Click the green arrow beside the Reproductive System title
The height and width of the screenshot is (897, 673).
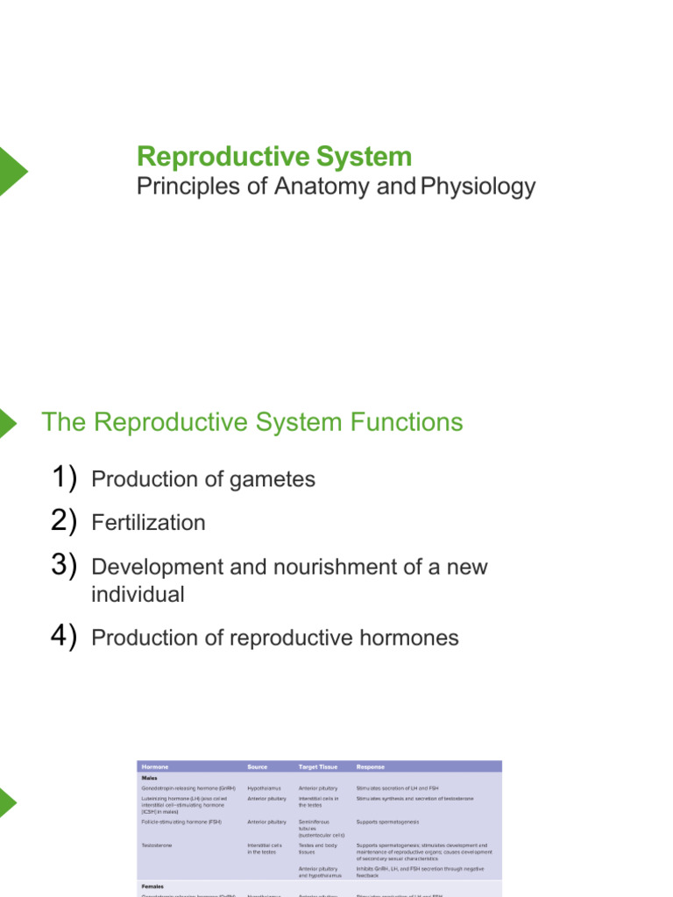point(12,171)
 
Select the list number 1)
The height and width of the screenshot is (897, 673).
point(64,478)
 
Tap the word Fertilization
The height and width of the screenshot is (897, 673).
point(148,523)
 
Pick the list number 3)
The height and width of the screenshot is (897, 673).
point(64,566)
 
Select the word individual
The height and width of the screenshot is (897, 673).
point(138,595)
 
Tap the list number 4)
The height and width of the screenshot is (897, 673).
point(64,637)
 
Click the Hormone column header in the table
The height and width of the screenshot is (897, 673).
point(155,766)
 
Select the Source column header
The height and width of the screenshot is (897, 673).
point(258,766)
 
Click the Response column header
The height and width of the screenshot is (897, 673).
point(371,766)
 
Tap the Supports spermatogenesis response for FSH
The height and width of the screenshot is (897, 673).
point(387,822)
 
